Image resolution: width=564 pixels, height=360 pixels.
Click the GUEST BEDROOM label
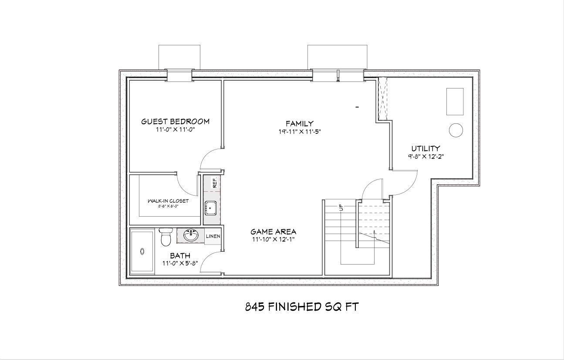click(175, 121)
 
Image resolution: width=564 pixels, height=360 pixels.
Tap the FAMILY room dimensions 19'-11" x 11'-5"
click(300, 132)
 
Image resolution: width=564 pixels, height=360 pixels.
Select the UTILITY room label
click(426, 148)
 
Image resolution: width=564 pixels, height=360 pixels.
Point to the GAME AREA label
click(273, 231)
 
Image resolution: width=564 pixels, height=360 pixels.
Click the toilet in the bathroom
click(165, 237)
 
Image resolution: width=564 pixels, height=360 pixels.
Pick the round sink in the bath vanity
click(191, 236)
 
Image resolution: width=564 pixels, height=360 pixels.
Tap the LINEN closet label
click(213, 236)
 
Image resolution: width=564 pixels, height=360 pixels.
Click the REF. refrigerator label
click(215, 183)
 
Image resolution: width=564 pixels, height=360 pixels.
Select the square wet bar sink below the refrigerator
click(211, 208)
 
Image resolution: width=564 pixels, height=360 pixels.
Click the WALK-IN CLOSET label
click(168, 201)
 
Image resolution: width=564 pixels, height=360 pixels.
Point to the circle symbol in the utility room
click(456, 130)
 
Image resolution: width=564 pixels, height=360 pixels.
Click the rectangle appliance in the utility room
click(455, 102)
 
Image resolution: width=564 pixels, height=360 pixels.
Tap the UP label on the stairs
click(341, 207)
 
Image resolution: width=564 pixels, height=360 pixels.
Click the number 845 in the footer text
click(255, 306)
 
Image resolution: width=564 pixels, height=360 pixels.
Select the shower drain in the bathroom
click(142, 251)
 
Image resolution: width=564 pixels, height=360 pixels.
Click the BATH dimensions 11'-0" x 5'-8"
click(180, 263)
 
